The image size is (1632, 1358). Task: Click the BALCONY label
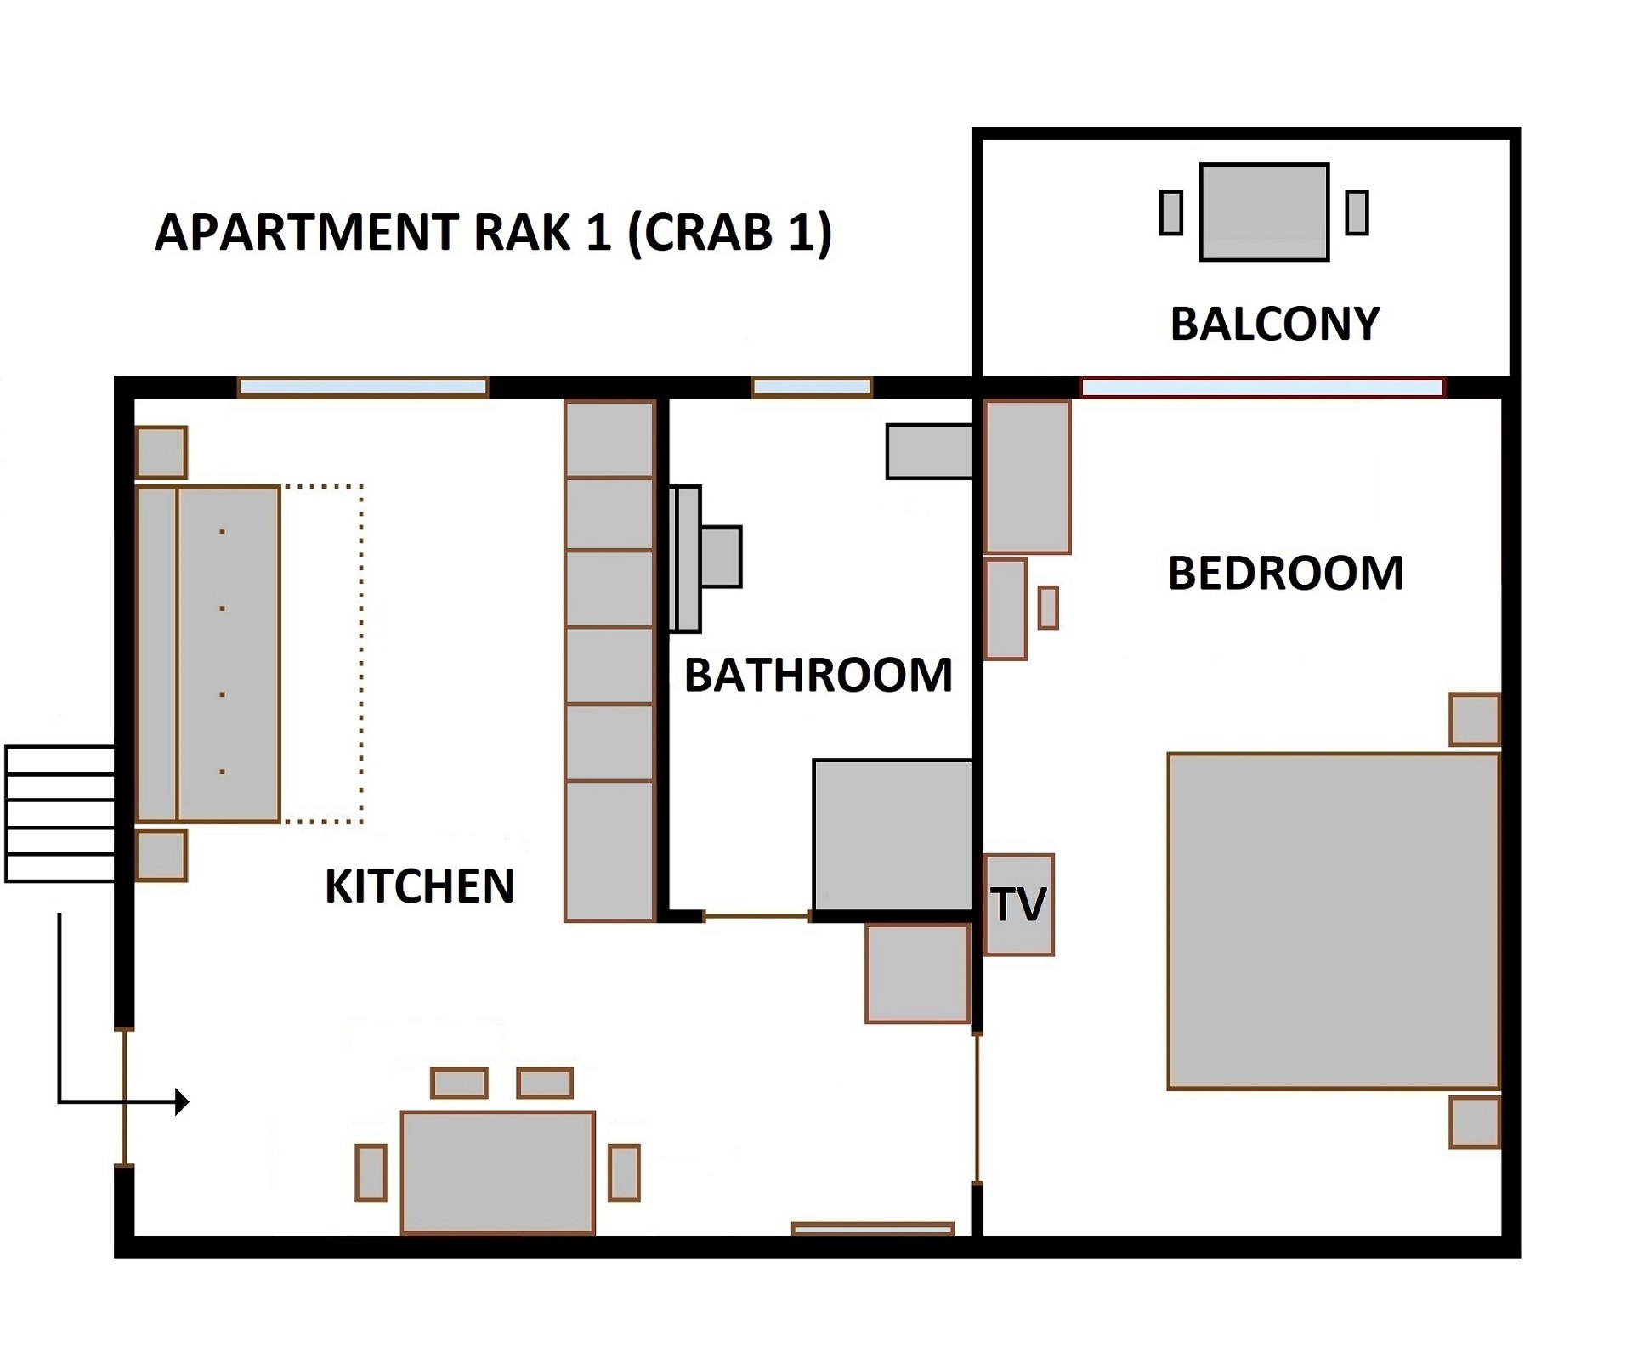pyautogui.click(x=1274, y=324)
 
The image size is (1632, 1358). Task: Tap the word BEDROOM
pyautogui.click(x=1284, y=573)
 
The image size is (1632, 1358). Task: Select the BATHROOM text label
pyautogui.click(x=818, y=676)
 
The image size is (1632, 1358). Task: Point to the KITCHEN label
pyautogui.click(x=419, y=886)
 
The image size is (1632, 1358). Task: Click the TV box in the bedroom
pyautogui.click(x=1018, y=904)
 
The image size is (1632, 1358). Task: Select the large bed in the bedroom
pyautogui.click(x=1332, y=920)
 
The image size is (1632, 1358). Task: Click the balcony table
pyautogui.click(x=1263, y=212)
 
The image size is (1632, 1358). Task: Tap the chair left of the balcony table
pyautogui.click(x=1170, y=212)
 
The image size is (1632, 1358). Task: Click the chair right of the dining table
pyautogui.click(x=624, y=1173)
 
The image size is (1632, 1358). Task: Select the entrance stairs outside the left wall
pyautogui.click(x=59, y=813)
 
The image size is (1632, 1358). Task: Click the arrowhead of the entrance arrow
pyautogui.click(x=182, y=1101)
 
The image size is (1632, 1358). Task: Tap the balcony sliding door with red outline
pyautogui.click(x=1261, y=388)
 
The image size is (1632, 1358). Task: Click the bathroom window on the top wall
pyautogui.click(x=812, y=388)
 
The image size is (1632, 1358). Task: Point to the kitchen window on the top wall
pyautogui.click(x=363, y=388)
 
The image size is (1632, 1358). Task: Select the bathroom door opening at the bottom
pyautogui.click(x=756, y=916)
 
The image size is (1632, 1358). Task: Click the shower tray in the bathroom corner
pyautogui.click(x=892, y=835)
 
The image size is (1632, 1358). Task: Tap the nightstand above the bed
pyautogui.click(x=1474, y=719)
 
